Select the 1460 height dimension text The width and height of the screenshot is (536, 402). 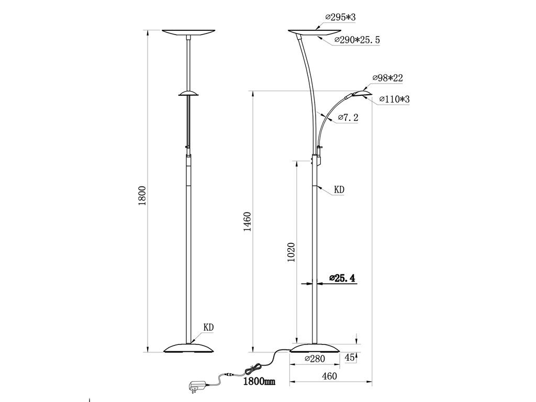(248, 221)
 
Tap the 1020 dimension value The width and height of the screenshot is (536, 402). (292, 252)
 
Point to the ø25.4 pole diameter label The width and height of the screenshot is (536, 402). (342, 278)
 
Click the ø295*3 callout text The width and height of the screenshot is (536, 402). (340, 18)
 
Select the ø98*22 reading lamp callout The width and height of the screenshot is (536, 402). (387, 78)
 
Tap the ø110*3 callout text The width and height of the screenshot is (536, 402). (394, 99)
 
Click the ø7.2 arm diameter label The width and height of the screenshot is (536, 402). (348, 118)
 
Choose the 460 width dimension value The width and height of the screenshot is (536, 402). (329, 376)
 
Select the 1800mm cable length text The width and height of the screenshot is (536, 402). (259, 382)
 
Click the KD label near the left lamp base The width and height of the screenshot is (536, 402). (209, 328)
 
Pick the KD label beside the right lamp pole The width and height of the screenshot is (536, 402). (339, 189)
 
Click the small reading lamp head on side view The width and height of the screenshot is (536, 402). (362, 93)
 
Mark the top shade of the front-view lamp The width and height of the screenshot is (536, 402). (188, 32)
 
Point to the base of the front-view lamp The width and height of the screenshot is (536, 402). (188, 348)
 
